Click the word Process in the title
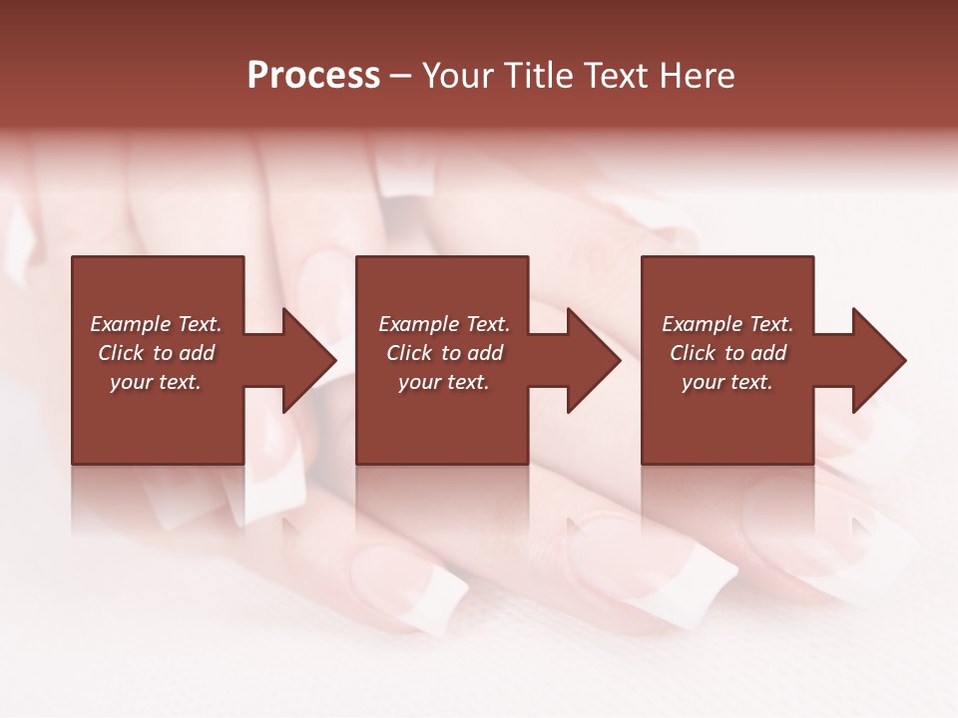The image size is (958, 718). tap(313, 76)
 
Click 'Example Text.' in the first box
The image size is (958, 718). tap(156, 324)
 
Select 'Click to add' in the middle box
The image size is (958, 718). tap(444, 353)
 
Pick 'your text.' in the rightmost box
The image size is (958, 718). tap(727, 382)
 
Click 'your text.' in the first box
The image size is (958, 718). tap(156, 382)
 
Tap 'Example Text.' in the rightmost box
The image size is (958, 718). tap(727, 324)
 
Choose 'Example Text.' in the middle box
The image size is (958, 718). tap(444, 324)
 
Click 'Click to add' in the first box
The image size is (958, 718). tap(156, 353)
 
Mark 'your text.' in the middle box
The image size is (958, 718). tap(444, 382)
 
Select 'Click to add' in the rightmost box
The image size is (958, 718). tap(727, 353)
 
